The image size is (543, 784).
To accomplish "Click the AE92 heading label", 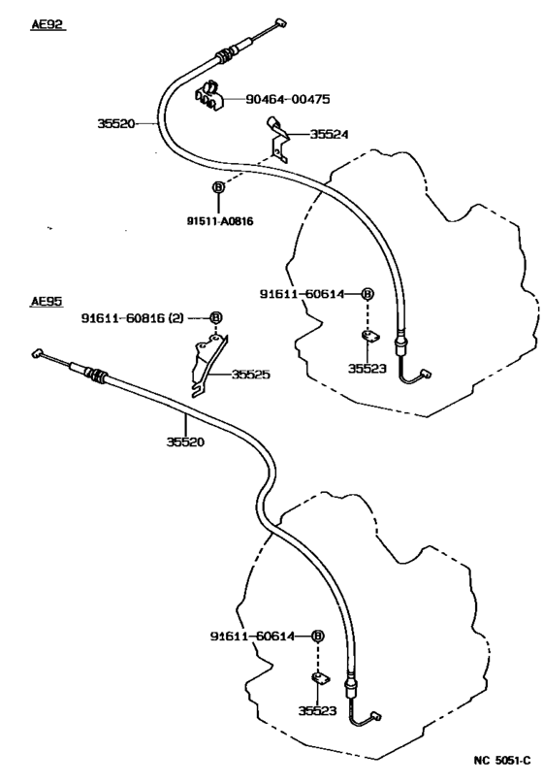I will pyautogui.click(x=48, y=25).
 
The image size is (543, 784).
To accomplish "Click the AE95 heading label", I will pyautogui.click(x=47, y=302).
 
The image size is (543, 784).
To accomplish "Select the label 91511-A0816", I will pyautogui.click(x=220, y=221).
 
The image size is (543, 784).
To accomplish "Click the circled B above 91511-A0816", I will pyautogui.click(x=218, y=187).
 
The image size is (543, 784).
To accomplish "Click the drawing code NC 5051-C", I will pyautogui.click(x=503, y=766).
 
